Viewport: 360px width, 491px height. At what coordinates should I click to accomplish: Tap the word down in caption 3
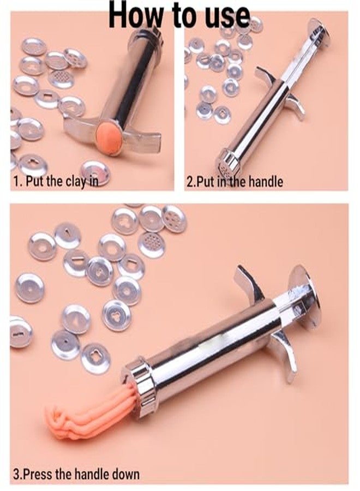click(123, 474)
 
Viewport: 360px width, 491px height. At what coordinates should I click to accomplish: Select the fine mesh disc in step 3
click(151, 244)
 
